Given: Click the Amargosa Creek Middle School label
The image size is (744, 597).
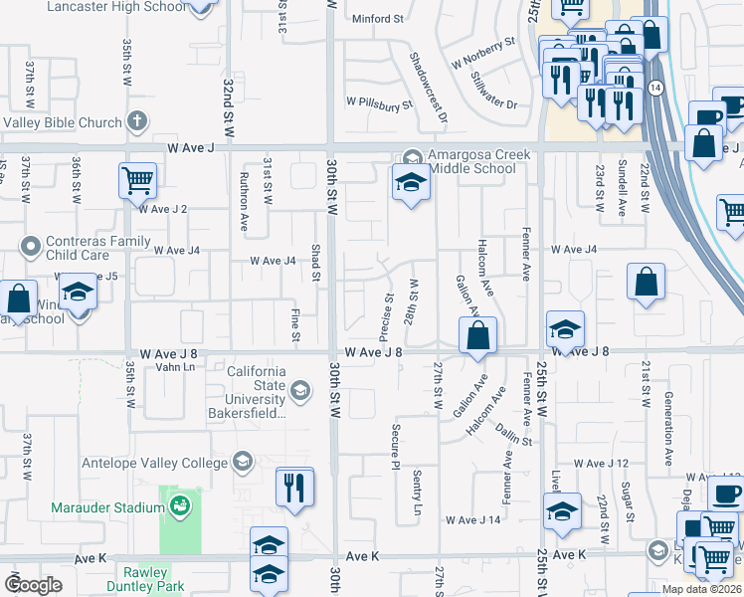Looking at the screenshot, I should pos(472,161).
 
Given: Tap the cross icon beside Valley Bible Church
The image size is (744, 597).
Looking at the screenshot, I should pos(137,122).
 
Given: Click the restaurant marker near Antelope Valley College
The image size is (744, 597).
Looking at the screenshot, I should pos(294,485).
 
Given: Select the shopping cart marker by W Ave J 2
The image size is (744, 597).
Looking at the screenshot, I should pos(137,180).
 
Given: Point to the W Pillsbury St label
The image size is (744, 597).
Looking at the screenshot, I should pos(379,102).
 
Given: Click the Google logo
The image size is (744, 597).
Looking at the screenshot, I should pos(33,585).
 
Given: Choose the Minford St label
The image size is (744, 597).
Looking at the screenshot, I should pos(377,18).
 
